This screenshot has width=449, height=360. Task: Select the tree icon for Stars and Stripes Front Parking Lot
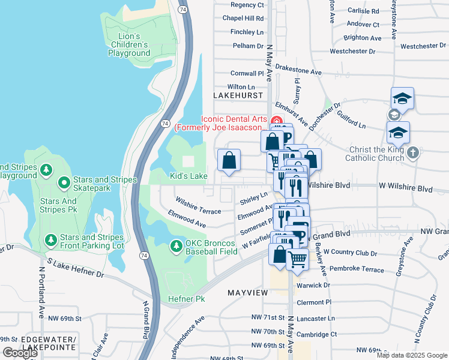click(x=52, y=241)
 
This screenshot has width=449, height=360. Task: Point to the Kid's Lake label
click(x=188, y=176)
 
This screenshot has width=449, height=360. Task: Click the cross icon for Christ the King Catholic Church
click(x=412, y=152)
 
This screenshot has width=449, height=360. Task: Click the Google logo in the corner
click(x=20, y=353)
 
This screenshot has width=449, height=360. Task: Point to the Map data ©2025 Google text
click(x=412, y=355)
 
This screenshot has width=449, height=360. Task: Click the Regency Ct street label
click(x=247, y=5)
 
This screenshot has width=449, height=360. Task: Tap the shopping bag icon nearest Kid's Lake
click(x=229, y=160)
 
